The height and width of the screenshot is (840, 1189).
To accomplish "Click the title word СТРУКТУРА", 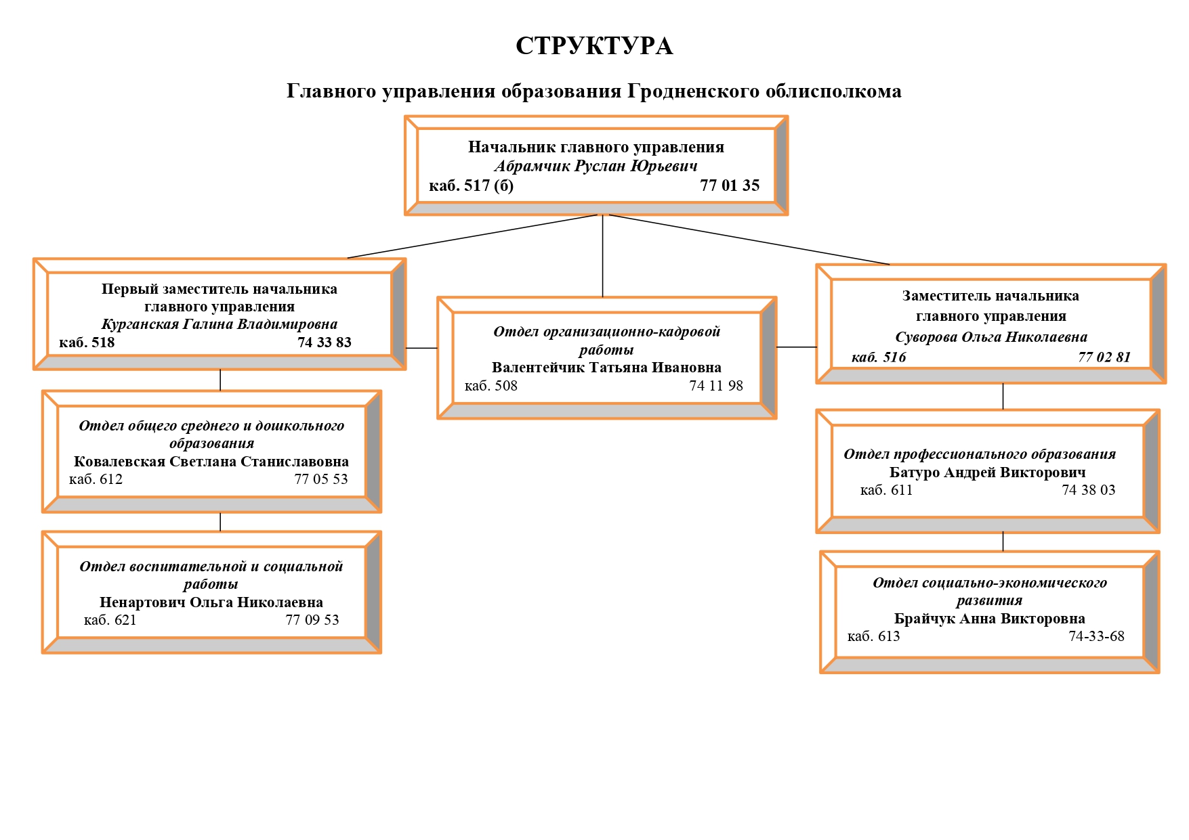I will [593, 46].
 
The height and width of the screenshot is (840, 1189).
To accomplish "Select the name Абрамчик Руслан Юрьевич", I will [596, 166].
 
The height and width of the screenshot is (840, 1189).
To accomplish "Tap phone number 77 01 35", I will [730, 185].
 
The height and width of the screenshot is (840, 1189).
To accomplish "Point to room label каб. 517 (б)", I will [471, 185].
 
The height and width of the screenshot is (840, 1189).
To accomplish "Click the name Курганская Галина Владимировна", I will [219, 324].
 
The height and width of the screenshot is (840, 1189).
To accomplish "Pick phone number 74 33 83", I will [325, 342].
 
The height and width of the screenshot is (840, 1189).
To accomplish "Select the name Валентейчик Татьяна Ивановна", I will [606, 368].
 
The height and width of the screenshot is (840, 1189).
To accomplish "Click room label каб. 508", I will [491, 386].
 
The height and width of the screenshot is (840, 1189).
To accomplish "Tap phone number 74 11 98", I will [716, 386].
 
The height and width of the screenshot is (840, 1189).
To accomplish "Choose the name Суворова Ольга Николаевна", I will [990, 337].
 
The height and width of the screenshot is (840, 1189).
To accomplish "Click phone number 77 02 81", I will [1104, 357].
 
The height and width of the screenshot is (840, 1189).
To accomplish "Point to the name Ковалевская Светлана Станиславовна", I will [211, 462].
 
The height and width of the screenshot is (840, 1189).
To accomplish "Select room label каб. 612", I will [96, 479].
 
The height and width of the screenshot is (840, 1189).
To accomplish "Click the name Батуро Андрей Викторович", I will [987, 472].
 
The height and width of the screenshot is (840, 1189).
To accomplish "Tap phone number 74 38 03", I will [1088, 490].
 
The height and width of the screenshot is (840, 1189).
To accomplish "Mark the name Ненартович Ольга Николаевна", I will [211, 602].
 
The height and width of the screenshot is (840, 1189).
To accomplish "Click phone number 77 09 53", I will [312, 620].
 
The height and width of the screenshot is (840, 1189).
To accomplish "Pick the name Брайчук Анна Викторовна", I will [989, 619].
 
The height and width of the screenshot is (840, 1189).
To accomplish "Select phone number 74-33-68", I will [1096, 636].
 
